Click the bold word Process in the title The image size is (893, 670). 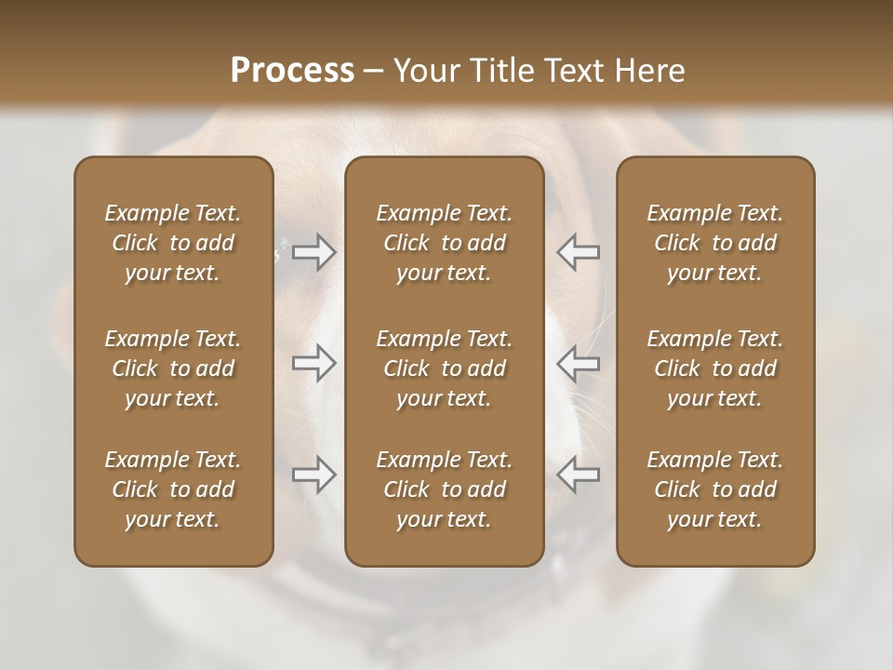click(292, 71)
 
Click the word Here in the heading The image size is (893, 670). click(648, 71)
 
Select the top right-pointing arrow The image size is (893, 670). click(314, 251)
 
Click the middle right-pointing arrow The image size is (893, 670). click(314, 363)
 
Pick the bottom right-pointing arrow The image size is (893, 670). click(314, 475)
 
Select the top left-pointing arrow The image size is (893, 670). click(578, 251)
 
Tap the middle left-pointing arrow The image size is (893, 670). click(578, 363)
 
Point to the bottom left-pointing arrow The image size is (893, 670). click(578, 475)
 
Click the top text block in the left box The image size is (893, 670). click(173, 243)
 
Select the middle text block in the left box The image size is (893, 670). click(173, 368)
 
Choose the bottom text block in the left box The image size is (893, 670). click(173, 489)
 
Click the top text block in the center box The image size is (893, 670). click(445, 243)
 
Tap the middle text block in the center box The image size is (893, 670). click(445, 368)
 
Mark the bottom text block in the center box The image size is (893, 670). click(445, 489)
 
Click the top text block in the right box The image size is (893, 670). click(715, 243)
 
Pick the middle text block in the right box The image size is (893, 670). click(715, 368)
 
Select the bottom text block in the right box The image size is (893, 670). click(715, 489)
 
